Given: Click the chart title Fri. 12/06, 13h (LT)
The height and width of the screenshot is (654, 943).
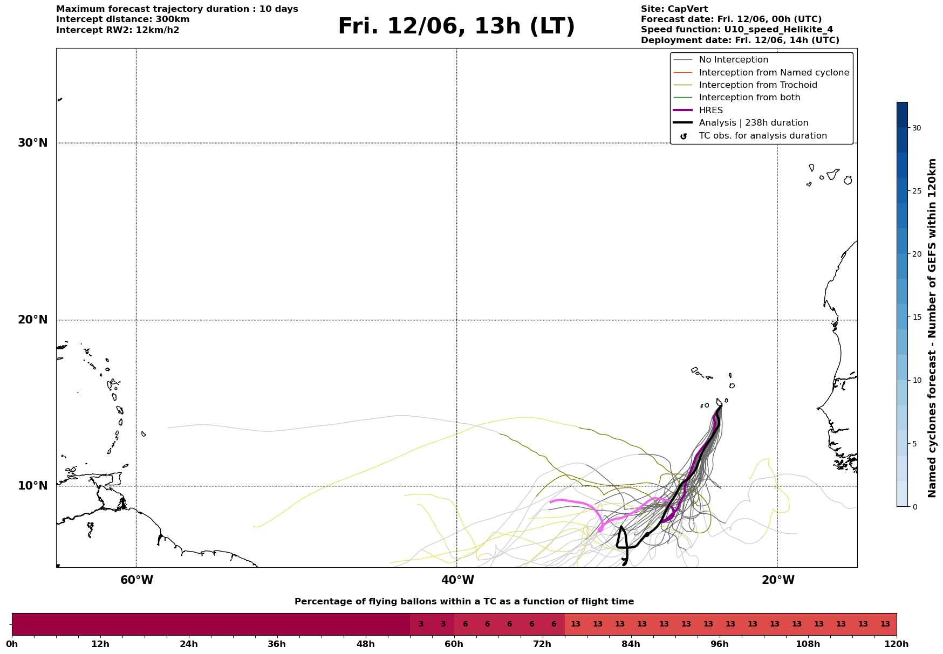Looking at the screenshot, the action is click(456, 26).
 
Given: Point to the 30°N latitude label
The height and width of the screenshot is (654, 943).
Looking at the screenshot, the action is click(33, 143).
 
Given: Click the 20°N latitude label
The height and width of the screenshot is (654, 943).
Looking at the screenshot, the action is click(33, 320).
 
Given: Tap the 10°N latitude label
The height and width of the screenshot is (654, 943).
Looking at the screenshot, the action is click(33, 486).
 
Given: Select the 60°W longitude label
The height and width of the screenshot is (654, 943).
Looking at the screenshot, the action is click(136, 580).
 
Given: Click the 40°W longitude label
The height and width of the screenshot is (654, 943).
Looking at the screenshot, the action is click(457, 580).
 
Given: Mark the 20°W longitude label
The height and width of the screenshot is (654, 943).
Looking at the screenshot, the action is click(778, 580).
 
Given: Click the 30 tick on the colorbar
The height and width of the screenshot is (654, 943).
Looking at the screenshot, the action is click(917, 128).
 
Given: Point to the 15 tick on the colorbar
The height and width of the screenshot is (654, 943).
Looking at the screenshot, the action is click(917, 317).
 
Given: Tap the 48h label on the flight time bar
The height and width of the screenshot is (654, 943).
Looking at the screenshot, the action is click(365, 644).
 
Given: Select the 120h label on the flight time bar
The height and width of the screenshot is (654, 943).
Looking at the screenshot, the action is click(897, 644).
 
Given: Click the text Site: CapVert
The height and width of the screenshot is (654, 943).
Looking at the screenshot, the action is click(674, 9).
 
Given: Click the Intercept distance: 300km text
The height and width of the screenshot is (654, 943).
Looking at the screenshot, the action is click(123, 19).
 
